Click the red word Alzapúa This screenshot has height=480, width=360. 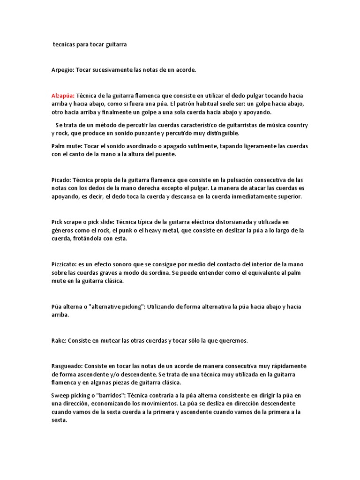coord(62,95)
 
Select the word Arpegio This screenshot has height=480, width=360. coord(62,70)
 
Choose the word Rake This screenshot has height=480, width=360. coord(58,341)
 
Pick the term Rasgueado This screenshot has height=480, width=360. coord(67,366)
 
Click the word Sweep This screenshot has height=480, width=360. coord(60,395)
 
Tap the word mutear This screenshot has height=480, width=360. coord(105,341)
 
